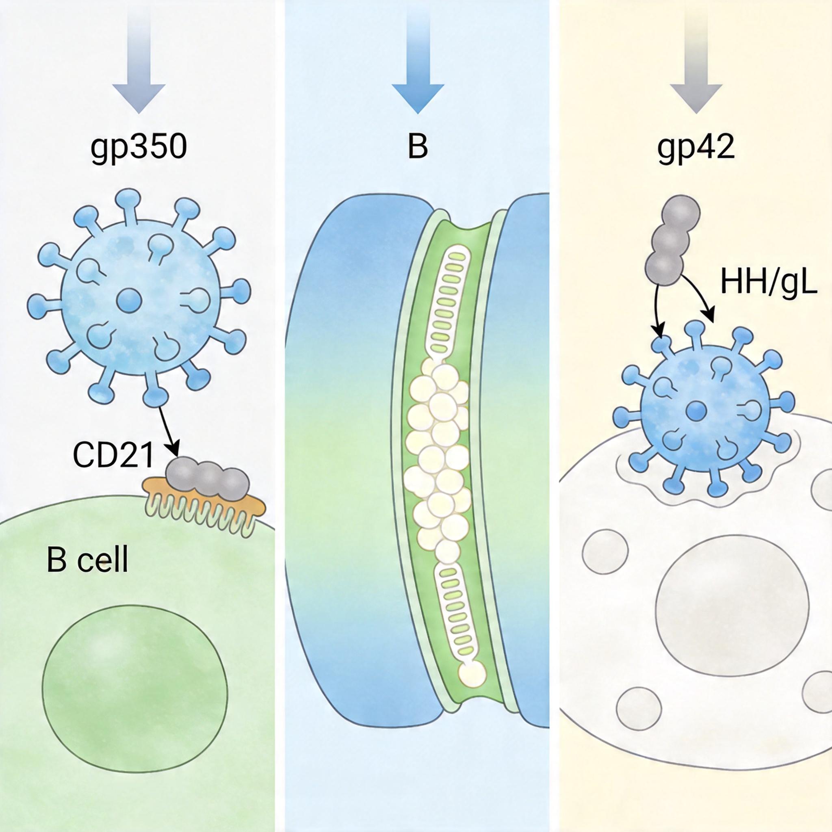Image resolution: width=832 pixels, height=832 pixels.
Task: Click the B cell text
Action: [x=87, y=560]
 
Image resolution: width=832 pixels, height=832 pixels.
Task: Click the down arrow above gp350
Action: [x=139, y=65]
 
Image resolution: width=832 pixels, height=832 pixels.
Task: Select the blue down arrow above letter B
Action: [x=417, y=65]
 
